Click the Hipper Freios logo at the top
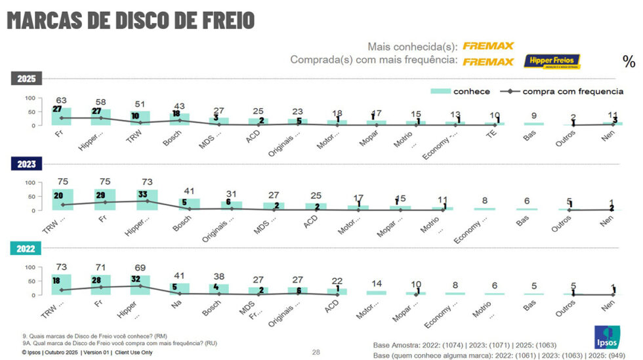click(x=552, y=62)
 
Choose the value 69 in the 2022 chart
click(x=140, y=268)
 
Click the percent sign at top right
click(x=629, y=62)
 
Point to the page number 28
click(x=316, y=352)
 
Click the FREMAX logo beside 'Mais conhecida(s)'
click(x=488, y=46)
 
